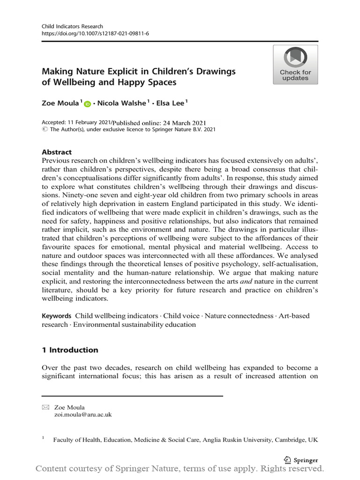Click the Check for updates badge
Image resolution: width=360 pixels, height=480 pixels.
pyautogui.click(x=295, y=65)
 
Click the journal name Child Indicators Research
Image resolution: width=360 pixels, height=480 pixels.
pyautogui.click(x=72, y=27)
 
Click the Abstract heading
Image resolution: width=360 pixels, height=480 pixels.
pyautogui.click(x=57, y=152)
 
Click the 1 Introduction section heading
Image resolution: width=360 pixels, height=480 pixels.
pyautogui.click(x=70, y=350)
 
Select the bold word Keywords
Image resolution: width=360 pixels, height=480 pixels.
pyautogui.click(x=57, y=316)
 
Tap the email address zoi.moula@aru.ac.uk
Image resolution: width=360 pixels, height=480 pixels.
pyautogui.click(x=83, y=415)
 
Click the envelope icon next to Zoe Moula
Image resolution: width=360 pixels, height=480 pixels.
pyautogui.click(x=45, y=408)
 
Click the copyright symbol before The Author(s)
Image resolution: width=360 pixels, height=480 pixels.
pyautogui.click(x=45, y=130)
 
